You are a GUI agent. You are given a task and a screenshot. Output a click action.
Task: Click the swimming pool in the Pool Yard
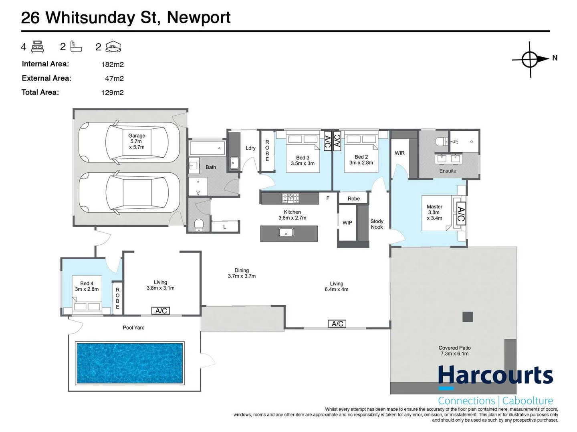pyautogui.click(x=129, y=362)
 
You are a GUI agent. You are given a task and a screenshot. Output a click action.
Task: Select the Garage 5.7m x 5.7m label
pyautogui.click(x=137, y=141)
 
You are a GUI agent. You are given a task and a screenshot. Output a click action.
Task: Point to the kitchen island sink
pyautogui.click(x=286, y=232)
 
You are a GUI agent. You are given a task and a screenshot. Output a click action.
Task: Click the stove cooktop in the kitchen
pyautogui.click(x=291, y=198)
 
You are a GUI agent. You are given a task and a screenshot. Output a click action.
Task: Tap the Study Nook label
pyautogui.click(x=377, y=224)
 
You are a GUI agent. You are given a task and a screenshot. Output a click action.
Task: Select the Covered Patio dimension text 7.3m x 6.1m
pyautogui.click(x=454, y=354)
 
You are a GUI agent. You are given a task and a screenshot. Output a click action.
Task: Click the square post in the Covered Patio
pyautogui.click(x=468, y=317)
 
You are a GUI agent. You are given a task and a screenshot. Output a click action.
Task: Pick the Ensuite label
pyautogui.click(x=448, y=171)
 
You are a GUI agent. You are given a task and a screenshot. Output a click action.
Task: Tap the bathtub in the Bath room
pyautogui.click(x=207, y=148)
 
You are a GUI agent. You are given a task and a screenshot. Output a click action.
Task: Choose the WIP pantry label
pyautogui.click(x=347, y=223)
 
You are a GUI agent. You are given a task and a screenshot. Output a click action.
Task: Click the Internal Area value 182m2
pyautogui.click(x=112, y=64)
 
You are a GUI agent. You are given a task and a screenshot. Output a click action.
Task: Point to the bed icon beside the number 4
pyautogui.click(x=37, y=47)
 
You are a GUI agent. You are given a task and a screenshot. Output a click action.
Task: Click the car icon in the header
pyautogui.click(x=113, y=47)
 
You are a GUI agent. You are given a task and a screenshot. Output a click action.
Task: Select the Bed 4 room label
pyautogui.click(x=87, y=286)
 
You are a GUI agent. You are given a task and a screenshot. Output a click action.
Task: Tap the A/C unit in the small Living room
pyautogui.click(x=161, y=310)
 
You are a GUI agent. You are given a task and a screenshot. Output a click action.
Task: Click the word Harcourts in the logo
pyautogui.click(x=495, y=375)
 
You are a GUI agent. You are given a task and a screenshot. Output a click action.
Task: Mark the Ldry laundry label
pyautogui.click(x=250, y=148)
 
